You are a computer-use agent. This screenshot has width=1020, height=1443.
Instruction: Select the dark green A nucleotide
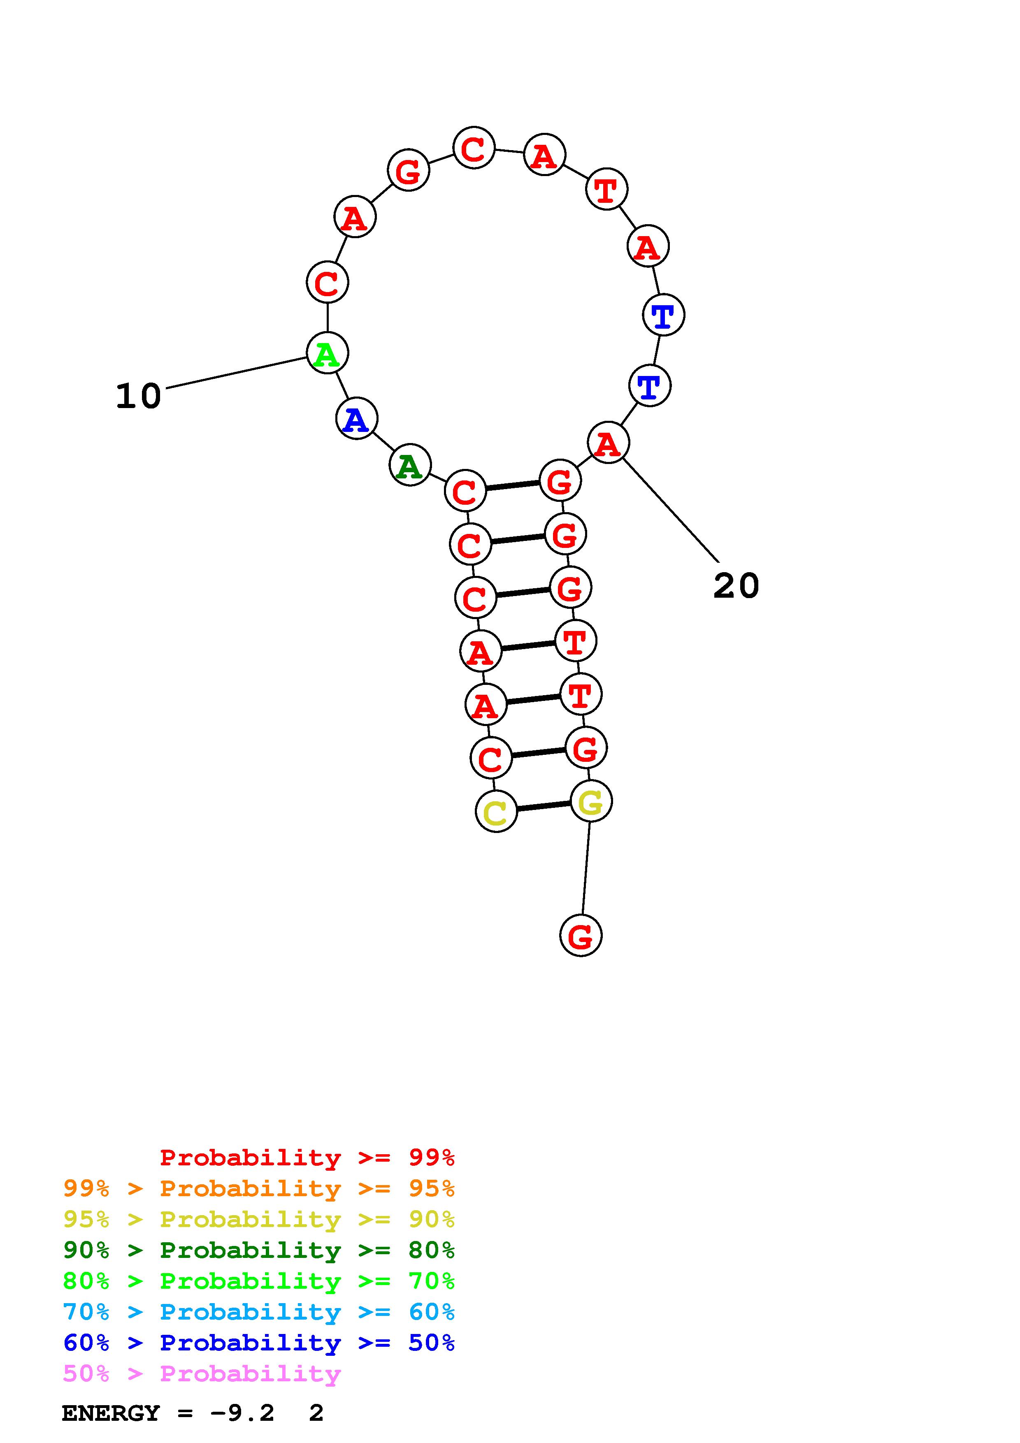pos(410,465)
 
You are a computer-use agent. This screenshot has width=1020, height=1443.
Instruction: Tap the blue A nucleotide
pos(356,419)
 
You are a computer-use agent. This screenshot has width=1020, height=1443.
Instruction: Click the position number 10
pos(138,397)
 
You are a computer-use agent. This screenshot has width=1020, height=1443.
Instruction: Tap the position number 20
pos(736,586)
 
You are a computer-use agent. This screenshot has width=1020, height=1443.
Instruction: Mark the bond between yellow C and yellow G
pos(544,806)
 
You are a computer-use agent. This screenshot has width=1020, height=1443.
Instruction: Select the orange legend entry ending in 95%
pos(259,1188)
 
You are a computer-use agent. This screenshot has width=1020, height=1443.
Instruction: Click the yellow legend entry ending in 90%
pos(259,1219)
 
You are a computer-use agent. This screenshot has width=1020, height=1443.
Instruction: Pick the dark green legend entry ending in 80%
pos(259,1250)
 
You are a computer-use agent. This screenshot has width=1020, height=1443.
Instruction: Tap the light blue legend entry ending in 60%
pos(259,1312)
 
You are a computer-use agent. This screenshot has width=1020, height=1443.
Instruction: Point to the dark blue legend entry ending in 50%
pos(259,1343)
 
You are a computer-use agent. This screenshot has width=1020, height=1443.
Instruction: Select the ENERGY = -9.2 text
pos(168,1413)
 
